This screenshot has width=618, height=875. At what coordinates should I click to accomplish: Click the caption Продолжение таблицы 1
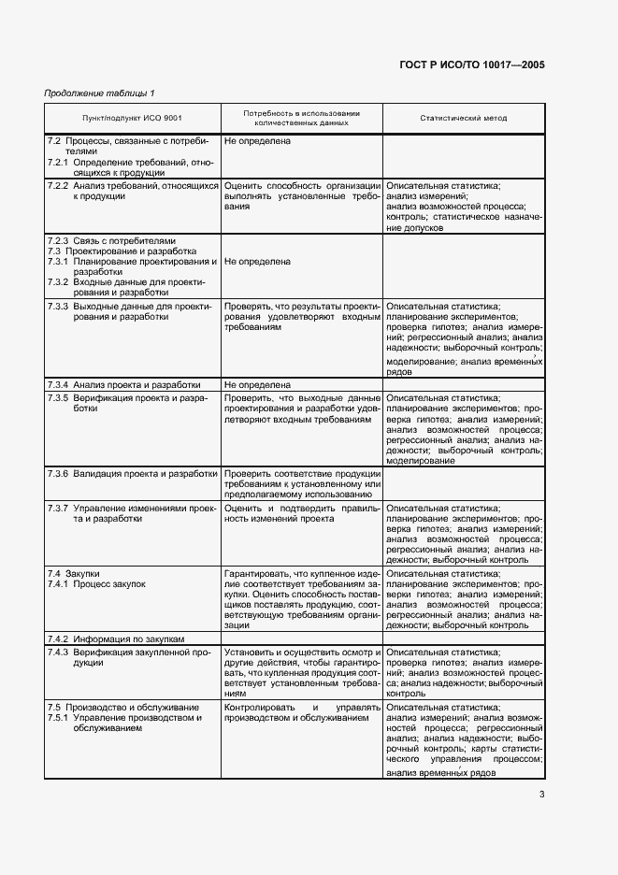coord(100,93)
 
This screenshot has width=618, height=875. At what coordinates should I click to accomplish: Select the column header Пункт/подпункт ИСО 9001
coord(132,118)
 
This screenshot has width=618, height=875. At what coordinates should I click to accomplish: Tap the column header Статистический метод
coord(463,118)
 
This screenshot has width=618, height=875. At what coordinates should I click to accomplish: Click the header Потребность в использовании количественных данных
coord(301,118)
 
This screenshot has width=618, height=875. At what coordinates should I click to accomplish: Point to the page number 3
coord(541,796)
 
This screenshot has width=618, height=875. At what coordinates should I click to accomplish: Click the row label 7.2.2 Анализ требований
coord(132,191)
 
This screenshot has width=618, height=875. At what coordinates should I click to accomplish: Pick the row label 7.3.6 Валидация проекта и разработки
coord(132,473)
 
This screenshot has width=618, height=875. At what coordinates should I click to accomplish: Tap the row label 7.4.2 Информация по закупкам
coord(116,638)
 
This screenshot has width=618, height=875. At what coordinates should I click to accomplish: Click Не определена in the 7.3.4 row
coord(257,384)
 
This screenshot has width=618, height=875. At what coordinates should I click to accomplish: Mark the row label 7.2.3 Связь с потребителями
coord(111,240)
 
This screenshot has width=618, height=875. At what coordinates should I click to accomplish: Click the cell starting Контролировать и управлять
coord(300,713)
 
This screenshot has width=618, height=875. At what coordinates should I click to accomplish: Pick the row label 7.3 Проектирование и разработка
coord(122,251)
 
